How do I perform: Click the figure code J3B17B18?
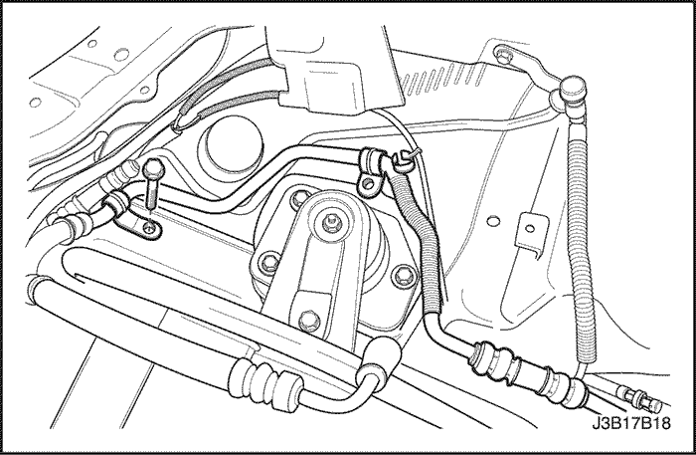click(631, 423)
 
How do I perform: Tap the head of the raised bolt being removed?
click(153, 167)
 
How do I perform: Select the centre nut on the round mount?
click(330, 220)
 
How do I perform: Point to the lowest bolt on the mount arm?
click(309, 320)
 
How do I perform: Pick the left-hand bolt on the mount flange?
click(269, 262)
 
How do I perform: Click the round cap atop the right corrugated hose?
click(573, 88)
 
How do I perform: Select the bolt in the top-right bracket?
click(503, 55)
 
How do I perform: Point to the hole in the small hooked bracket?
click(530, 229)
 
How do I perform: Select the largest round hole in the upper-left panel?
click(121, 55)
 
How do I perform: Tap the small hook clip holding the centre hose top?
click(402, 161)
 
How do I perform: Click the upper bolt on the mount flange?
click(300, 198)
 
